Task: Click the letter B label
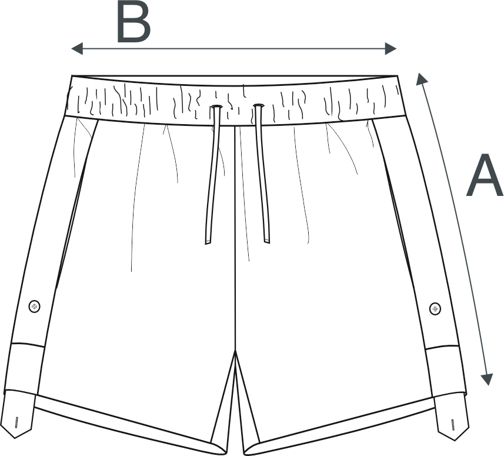pyautogui.click(x=133, y=22)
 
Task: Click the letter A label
pyautogui.click(x=485, y=175)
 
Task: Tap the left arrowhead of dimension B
pyautogui.click(x=77, y=49)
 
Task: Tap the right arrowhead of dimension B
pyautogui.click(x=390, y=49)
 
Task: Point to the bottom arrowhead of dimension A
pyautogui.click(x=487, y=380)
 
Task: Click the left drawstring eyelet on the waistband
pyautogui.click(x=216, y=106)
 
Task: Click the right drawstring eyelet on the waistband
pyautogui.click(x=258, y=105)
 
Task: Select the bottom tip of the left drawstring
pyautogui.click(x=208, y=244)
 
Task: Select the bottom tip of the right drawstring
pyautogui.click(x=267, y=242)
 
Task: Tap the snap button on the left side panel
pyautogui.click(x=34, y=306)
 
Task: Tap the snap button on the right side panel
pyautogui.click(x=435, y=308)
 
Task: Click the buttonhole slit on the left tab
pyautogui.click(x=16, y=422)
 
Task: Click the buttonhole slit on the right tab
pyautogui.click(x=452, y=424)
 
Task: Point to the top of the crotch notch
pyautogui.click(x=236, y=351)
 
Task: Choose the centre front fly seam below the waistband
pyautogui.click(x=236, y=238)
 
